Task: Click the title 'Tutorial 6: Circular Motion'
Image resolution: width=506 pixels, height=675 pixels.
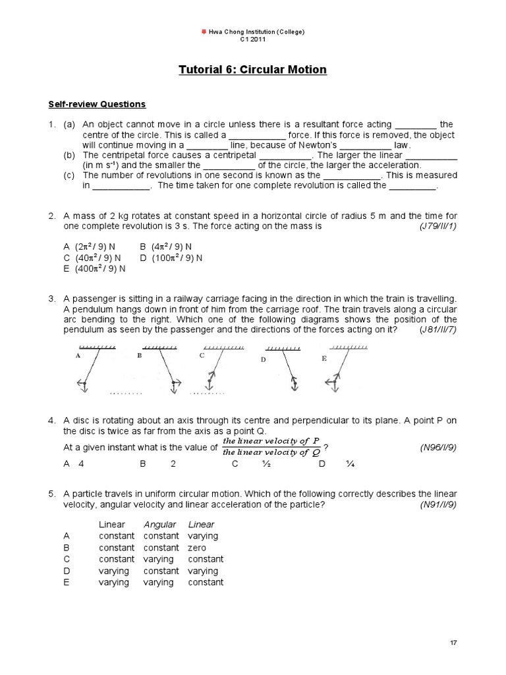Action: pyautogui.click(x=253, y=69)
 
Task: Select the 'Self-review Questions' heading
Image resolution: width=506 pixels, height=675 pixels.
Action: pyautogui.click(x=96, y=104)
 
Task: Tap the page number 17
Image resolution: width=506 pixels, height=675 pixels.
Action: pyautogui.click(x=453, y=641)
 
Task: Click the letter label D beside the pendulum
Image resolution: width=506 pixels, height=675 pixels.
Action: pyautogui.click(x=263, y=360)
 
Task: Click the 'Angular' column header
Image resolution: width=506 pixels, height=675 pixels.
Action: pyautogui.click(x=160, y=525)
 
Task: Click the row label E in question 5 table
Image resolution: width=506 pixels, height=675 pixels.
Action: pyautogui.click(x=67, y=582)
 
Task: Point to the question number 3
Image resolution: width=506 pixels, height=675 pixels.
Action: pyautogui.click(x=51, y=299)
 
